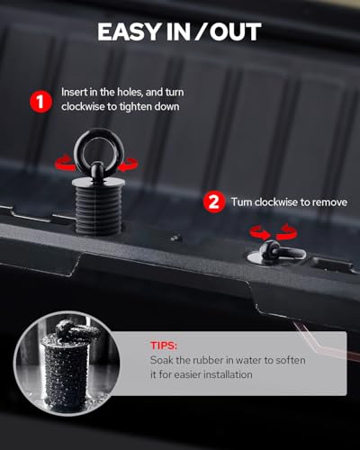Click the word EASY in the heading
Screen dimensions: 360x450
(x=130, y=31)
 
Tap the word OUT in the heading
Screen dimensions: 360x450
(x=236, y=31)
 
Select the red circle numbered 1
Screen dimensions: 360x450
(x=41, y=102)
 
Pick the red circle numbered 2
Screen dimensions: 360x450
(x=214, y=202)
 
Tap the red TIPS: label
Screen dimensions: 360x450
(x=164, y=346)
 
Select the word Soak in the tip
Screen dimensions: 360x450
(x=161, y=360)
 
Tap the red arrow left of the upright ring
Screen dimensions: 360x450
(x=65, y=164)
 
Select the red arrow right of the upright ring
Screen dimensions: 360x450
(x=128, y=165)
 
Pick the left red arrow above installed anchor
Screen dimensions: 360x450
(x=260, y=232)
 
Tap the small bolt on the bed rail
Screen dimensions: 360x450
(x=175, y=238)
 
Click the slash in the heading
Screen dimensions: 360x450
(x=198, y=31)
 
